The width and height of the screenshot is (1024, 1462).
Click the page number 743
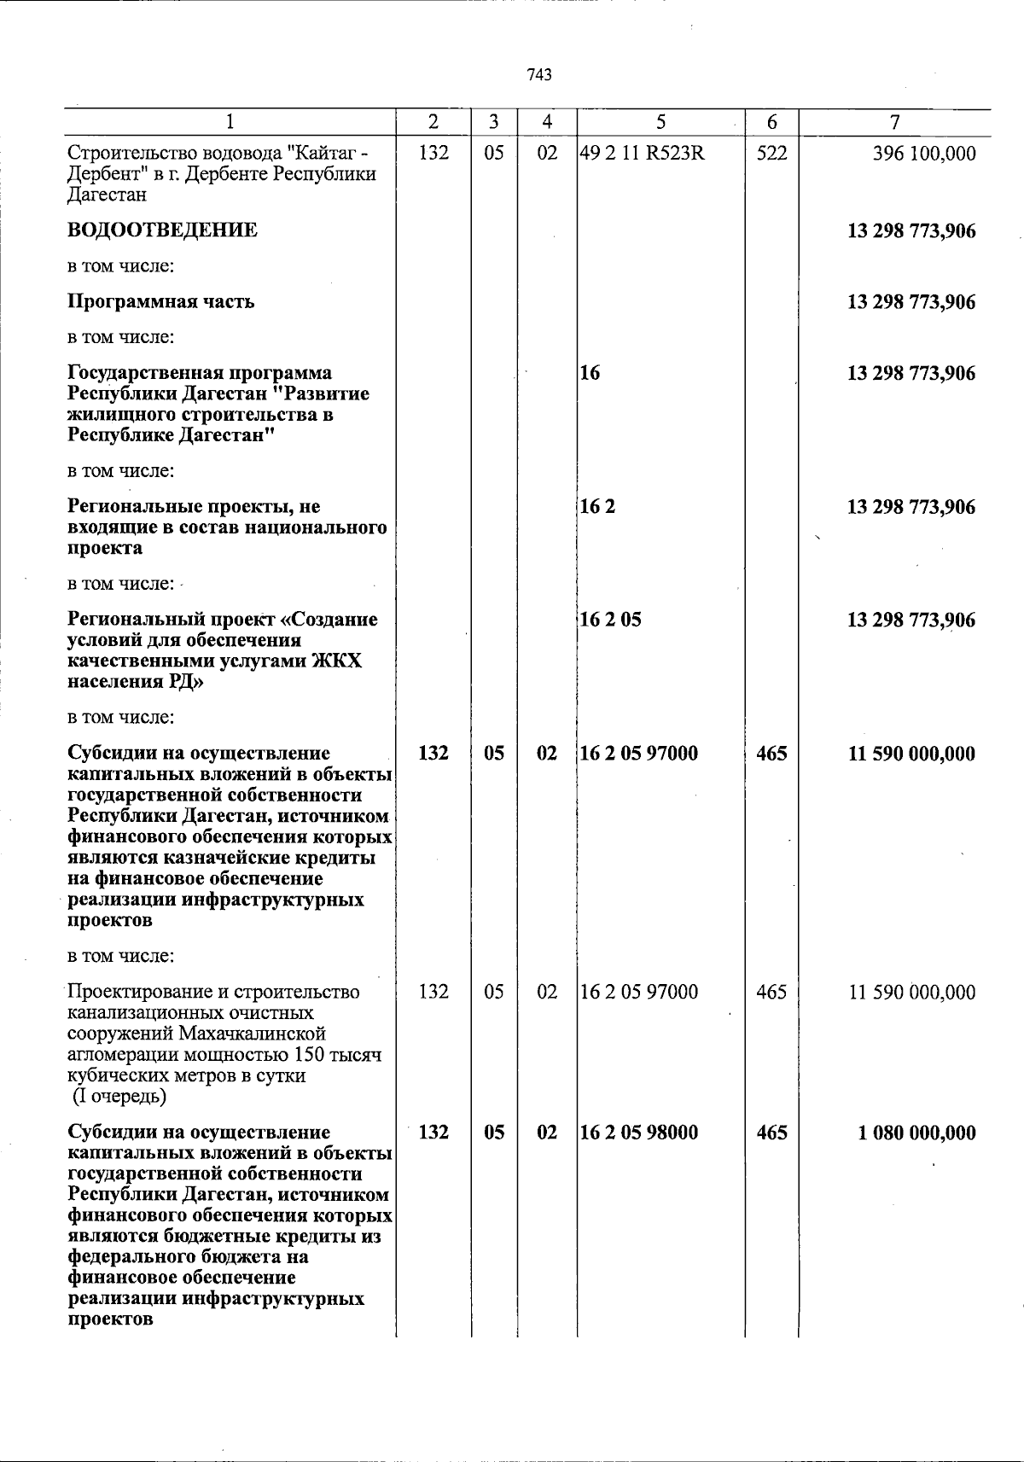pyautogui.click(x=539, y=75)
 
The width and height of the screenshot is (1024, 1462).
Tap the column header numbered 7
pyautogui.click(x=893, y=123)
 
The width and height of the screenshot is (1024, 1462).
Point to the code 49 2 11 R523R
pyautogui.click(x=642, y=154)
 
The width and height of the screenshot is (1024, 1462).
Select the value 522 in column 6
pyautogui.click(x=771, y=154)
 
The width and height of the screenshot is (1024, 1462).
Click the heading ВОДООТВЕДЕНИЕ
pyautogui.click(x=162, y=230)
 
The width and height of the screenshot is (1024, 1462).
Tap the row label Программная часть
pyautogui.click(x=160, y=302)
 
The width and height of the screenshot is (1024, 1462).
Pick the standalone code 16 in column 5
pyautogui.click(x=590, y=373)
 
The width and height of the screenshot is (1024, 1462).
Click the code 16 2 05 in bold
pyautogui.click(x=610, y=620)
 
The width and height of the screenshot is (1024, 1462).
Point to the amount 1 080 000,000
pyautogui.click(x=917, y=1133)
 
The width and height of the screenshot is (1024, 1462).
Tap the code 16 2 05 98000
pyautogui.click(x=638, y=1133)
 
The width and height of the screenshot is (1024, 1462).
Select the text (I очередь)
pyautogui.click(x=119, y=1096)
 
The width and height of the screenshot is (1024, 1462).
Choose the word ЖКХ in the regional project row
pyautogui.click(x=340, y=661)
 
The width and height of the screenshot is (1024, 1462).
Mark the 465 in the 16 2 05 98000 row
pyautogui.click(x=771, y=1133)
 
